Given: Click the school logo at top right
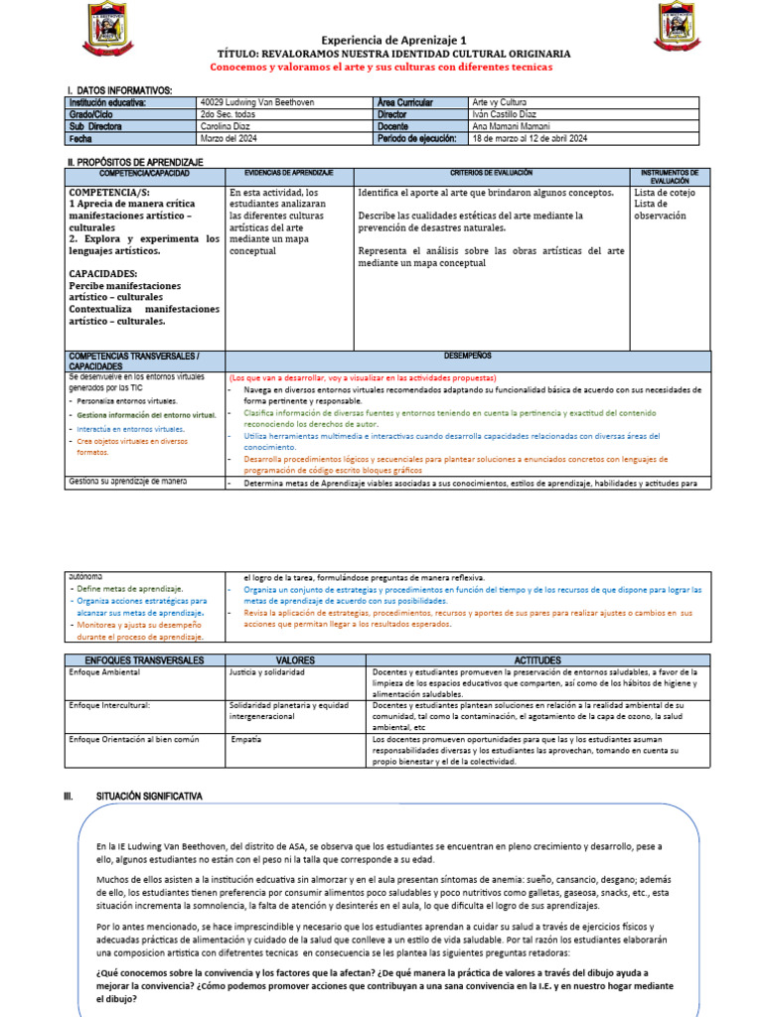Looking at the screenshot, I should coord(679,27).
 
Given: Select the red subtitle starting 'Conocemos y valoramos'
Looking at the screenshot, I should coord(381,67).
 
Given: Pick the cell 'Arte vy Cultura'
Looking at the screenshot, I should coord(501,102).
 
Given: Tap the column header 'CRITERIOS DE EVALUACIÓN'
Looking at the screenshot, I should coord(491,173).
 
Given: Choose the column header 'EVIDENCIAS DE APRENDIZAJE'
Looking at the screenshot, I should coord(288,173).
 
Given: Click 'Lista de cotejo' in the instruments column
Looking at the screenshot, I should coord(665,193).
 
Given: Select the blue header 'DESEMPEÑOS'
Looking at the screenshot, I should coord(468,355).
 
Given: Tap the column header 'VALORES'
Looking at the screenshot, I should coord(295,660).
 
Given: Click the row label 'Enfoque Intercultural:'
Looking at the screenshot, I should coord(108,705).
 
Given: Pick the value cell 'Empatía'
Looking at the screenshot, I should coord(245,740).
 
